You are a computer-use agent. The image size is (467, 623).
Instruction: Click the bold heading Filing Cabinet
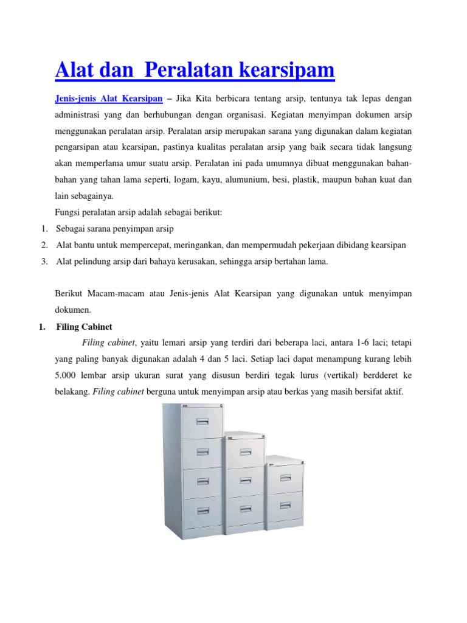pos(85,327)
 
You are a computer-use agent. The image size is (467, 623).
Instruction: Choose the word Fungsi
pos(68,212)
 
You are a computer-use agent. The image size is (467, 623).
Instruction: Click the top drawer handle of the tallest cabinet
pos(202,420)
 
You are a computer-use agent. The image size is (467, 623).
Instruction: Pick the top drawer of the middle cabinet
pos(246,451)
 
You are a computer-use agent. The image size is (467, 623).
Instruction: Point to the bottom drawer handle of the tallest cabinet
pos(201,510)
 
